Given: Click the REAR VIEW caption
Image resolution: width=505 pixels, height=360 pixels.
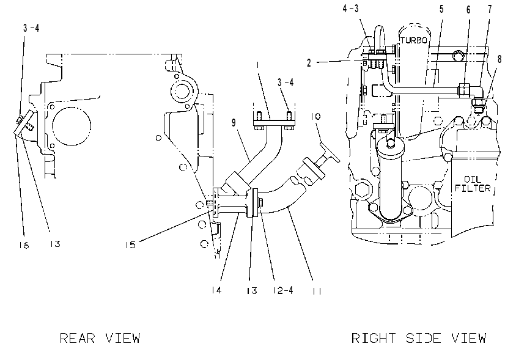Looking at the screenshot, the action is [100, 339].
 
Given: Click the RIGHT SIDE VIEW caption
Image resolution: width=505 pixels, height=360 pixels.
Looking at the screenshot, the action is [419, 338].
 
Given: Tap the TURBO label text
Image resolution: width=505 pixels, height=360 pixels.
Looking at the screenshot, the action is [414, 40].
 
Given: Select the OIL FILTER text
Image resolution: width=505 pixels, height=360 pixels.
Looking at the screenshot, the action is [473, 183].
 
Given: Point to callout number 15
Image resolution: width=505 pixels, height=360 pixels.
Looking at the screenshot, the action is [130, 245].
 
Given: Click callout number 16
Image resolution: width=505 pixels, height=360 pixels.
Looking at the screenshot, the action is [24, 245].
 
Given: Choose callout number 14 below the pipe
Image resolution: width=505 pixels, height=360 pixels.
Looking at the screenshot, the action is [217, 290].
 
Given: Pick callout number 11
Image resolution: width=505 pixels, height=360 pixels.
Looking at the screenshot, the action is [317, 291].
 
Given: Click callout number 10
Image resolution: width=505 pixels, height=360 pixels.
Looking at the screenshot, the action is [316, 116].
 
